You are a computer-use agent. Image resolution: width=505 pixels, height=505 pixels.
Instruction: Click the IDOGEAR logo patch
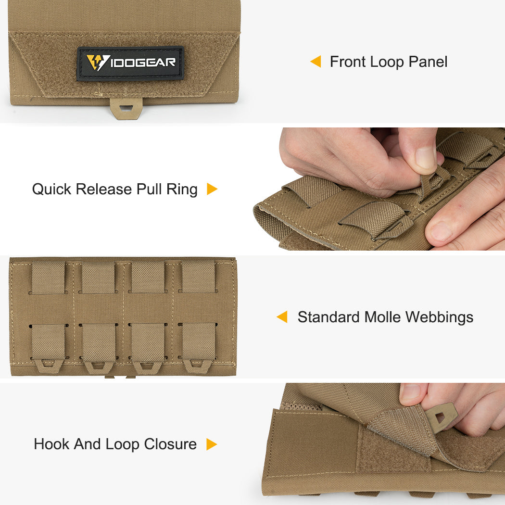[x=130, y=63]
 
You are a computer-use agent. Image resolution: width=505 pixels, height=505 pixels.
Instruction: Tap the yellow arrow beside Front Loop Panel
[x=316, y=62]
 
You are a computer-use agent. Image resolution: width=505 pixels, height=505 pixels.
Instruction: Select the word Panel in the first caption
[x=428, y=62]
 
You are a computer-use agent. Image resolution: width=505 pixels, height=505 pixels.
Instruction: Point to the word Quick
[x=51, y=189]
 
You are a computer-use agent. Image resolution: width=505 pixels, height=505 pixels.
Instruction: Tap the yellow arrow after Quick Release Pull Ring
[x=212, y=189]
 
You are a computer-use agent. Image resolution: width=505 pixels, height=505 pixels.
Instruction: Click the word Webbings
[x=440, y=317]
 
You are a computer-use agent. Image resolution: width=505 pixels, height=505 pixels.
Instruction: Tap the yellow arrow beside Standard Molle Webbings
[x=282, y=317]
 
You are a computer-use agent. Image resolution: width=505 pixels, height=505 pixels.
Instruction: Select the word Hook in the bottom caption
[x=50, y=444]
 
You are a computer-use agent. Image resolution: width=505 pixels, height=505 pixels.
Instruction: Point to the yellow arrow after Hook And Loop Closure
[x=211, y=444]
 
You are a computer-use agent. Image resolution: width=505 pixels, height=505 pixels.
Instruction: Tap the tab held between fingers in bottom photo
[x=441, y=414]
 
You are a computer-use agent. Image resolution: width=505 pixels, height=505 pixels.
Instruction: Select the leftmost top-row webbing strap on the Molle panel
[x=48, y=277]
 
